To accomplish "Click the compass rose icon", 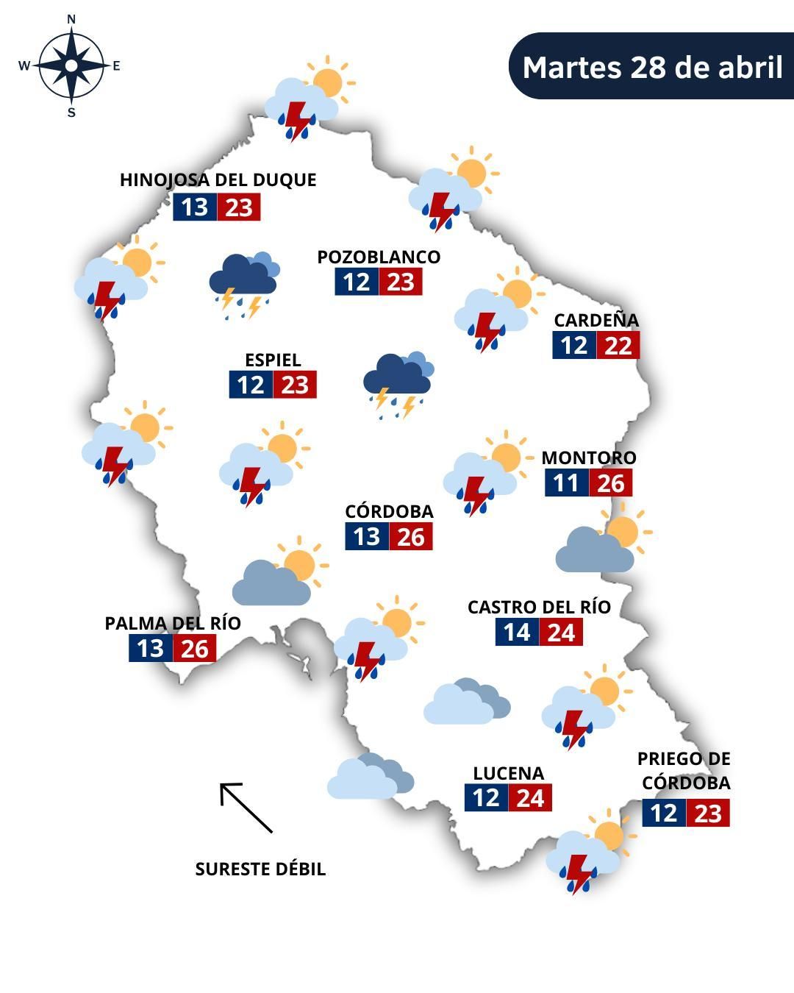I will click(x=71, y=66).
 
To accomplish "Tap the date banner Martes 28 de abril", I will click(x=651, y=66).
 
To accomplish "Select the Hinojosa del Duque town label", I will click(x=218, y=180).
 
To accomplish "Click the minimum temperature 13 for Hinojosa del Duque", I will click(x=195, y=207).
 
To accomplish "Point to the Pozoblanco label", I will click(x=379, y=257).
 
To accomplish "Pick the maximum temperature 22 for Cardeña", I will click(x=618, y=345).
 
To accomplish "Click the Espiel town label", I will click(x=273, y=360).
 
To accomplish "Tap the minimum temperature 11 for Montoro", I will click(x=566, y=483).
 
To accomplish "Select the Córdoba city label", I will click(x=389, y=511).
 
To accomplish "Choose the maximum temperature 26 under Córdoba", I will click(x=411, y=537).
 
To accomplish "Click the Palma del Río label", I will click(x=173, y=623).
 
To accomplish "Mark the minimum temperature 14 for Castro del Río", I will click(x=517, y=633).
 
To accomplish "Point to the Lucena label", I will click(x=508, y=773).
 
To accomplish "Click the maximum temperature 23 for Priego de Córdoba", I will click(x=708, y=814).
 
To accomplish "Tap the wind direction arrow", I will click(x=246, y=807).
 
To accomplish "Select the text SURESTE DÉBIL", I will click(x=260, y=869).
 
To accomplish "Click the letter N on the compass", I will click(x=71, y=20).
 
